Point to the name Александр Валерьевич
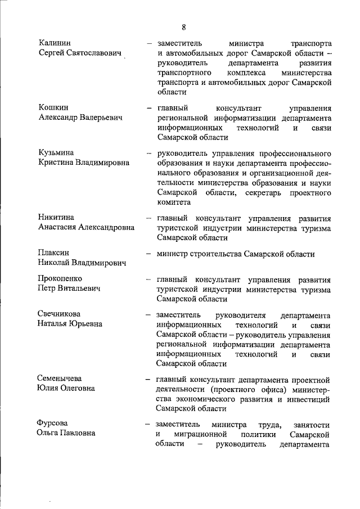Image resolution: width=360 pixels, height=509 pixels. tap(80, 118)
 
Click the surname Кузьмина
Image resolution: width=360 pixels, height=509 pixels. tap(57, 152)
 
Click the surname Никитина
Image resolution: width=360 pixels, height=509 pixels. tap(57, 218)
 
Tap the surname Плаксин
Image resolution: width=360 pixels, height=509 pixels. tap(55, 253)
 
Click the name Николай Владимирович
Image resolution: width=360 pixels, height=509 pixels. tap(82, 263)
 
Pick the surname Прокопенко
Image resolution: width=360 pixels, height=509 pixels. tap(60, 279)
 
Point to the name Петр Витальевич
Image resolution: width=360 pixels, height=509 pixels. tap(69, 289)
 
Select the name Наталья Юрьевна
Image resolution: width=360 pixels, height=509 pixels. tap(70, 324)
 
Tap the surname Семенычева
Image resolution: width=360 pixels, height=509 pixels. tap(60, 379)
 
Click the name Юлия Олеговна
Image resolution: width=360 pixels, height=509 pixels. tap(66, 388)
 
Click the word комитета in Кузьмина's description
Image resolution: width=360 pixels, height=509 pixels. tap(174, 202)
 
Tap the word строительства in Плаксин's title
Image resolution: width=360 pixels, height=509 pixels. tap(217, 254)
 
